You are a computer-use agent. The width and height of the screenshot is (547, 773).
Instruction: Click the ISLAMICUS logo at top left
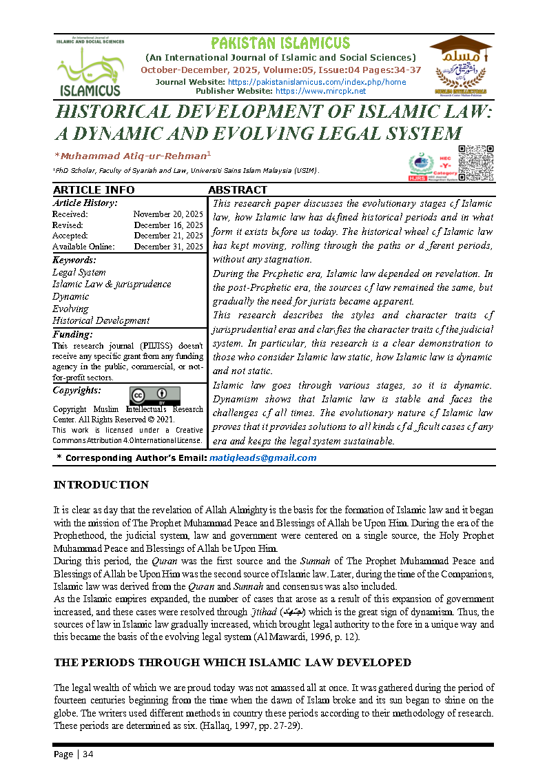[89, 67]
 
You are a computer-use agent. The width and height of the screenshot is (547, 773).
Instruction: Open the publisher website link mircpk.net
[320, 91]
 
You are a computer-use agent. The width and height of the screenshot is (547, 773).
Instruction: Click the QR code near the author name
[476, 163]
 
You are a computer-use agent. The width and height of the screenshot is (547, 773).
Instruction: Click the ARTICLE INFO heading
[94, 190]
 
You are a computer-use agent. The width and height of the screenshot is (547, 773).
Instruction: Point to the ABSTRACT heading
[238, 190]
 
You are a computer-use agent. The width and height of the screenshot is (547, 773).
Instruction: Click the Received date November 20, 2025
[168, 215]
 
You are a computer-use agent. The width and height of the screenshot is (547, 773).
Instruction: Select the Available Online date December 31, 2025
[168, 246]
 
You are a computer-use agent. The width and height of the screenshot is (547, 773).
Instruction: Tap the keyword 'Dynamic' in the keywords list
[71, 296]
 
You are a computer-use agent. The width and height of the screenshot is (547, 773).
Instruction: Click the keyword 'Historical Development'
[101, 320]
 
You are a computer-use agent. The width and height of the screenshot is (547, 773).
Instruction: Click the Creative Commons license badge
[154, 395]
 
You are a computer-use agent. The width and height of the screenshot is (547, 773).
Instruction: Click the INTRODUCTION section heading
[101, 485]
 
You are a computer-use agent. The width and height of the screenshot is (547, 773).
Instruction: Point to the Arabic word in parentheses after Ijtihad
[271, 612]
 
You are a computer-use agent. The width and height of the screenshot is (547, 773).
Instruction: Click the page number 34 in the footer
[87, 754]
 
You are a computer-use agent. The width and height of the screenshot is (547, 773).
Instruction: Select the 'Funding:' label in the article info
[72, 334]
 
